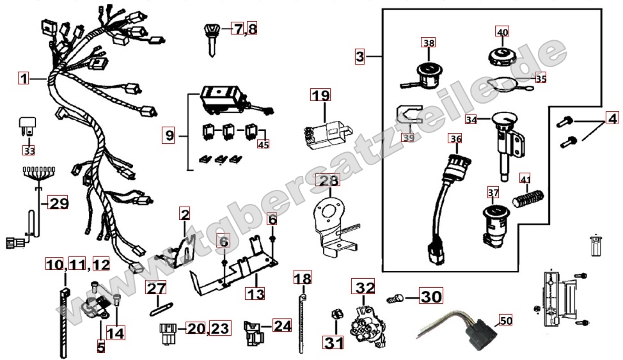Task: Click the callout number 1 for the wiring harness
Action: [x=24, y=78]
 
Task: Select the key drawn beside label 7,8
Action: [x=211, y=40]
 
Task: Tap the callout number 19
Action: [x=320, y=95]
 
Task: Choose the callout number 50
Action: [x=506, y=320]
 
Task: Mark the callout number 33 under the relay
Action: [x=29, y=151]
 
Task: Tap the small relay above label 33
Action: [x=28, y=124]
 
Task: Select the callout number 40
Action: [x=503, y=32]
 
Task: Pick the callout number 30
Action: [x=431, y=297]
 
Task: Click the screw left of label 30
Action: [x=395, y=297]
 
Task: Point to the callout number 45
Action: [x=264, y=145]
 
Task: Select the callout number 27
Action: [x=155, y=288]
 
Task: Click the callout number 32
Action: [x=363, y=287]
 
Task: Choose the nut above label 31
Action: [x=335, y=315]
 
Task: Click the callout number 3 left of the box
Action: [x=360, y=56]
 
